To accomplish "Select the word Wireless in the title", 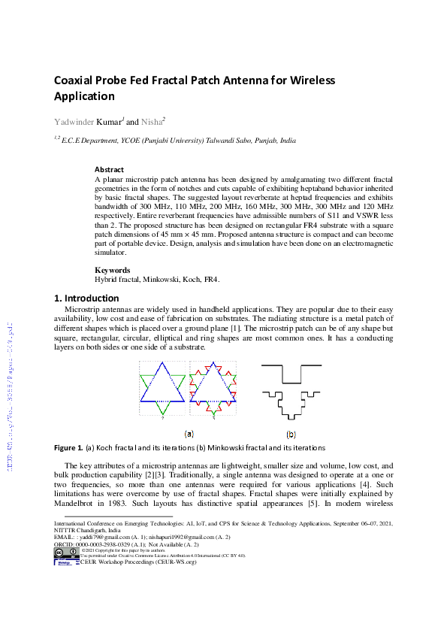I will (309, 80).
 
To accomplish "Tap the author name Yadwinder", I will (74, 122).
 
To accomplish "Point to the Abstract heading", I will (109, 169).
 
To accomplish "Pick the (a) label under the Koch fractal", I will (189, 434).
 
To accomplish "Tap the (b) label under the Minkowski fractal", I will (291, 434).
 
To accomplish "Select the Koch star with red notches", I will (214, 388).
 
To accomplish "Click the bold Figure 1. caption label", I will (68, 448).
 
